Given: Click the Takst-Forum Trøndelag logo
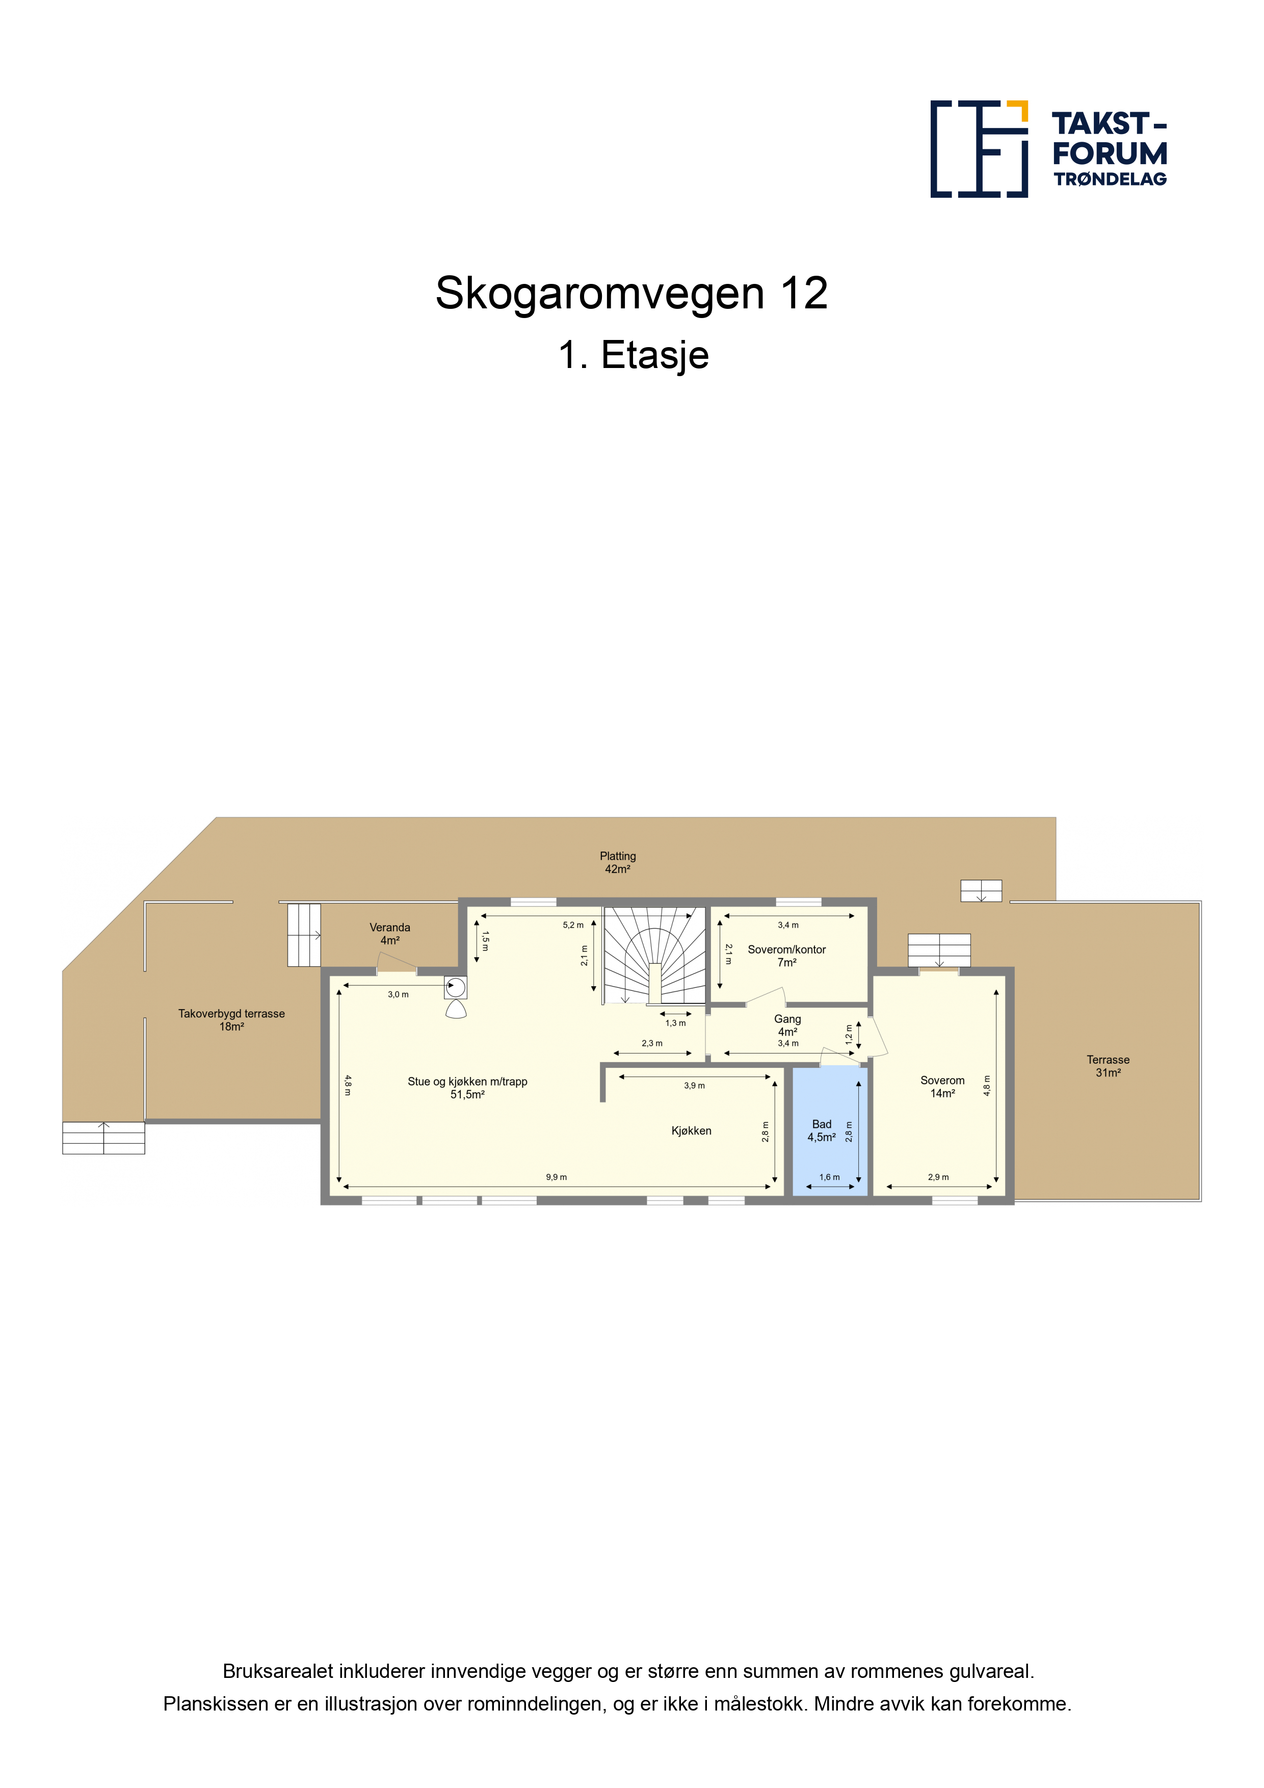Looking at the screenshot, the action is tap(1048, 149).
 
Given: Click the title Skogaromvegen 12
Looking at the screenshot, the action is tap(631, 294).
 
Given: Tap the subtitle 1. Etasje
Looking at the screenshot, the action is tap(633, 355).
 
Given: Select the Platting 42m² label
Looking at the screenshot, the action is tap(618, 862).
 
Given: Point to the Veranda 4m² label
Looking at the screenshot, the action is tap(389, 934).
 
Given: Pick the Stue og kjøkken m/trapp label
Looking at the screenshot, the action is tap(467, 1082).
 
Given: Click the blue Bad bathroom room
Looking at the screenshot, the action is tap(829, 1130).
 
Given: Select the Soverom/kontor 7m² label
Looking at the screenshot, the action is tap(786, 956).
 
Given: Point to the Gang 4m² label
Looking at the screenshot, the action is tap(787, 1026).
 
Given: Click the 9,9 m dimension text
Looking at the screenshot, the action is tap(556, 1177).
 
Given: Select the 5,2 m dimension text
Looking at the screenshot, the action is tap(573, 925).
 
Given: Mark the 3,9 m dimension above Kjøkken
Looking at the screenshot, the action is tap(695, 1086).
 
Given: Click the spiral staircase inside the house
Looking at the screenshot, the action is tap(655, 956).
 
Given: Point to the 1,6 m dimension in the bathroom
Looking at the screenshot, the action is tap(829, 1177).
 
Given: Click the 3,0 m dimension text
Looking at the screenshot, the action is tap(398, 994).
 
